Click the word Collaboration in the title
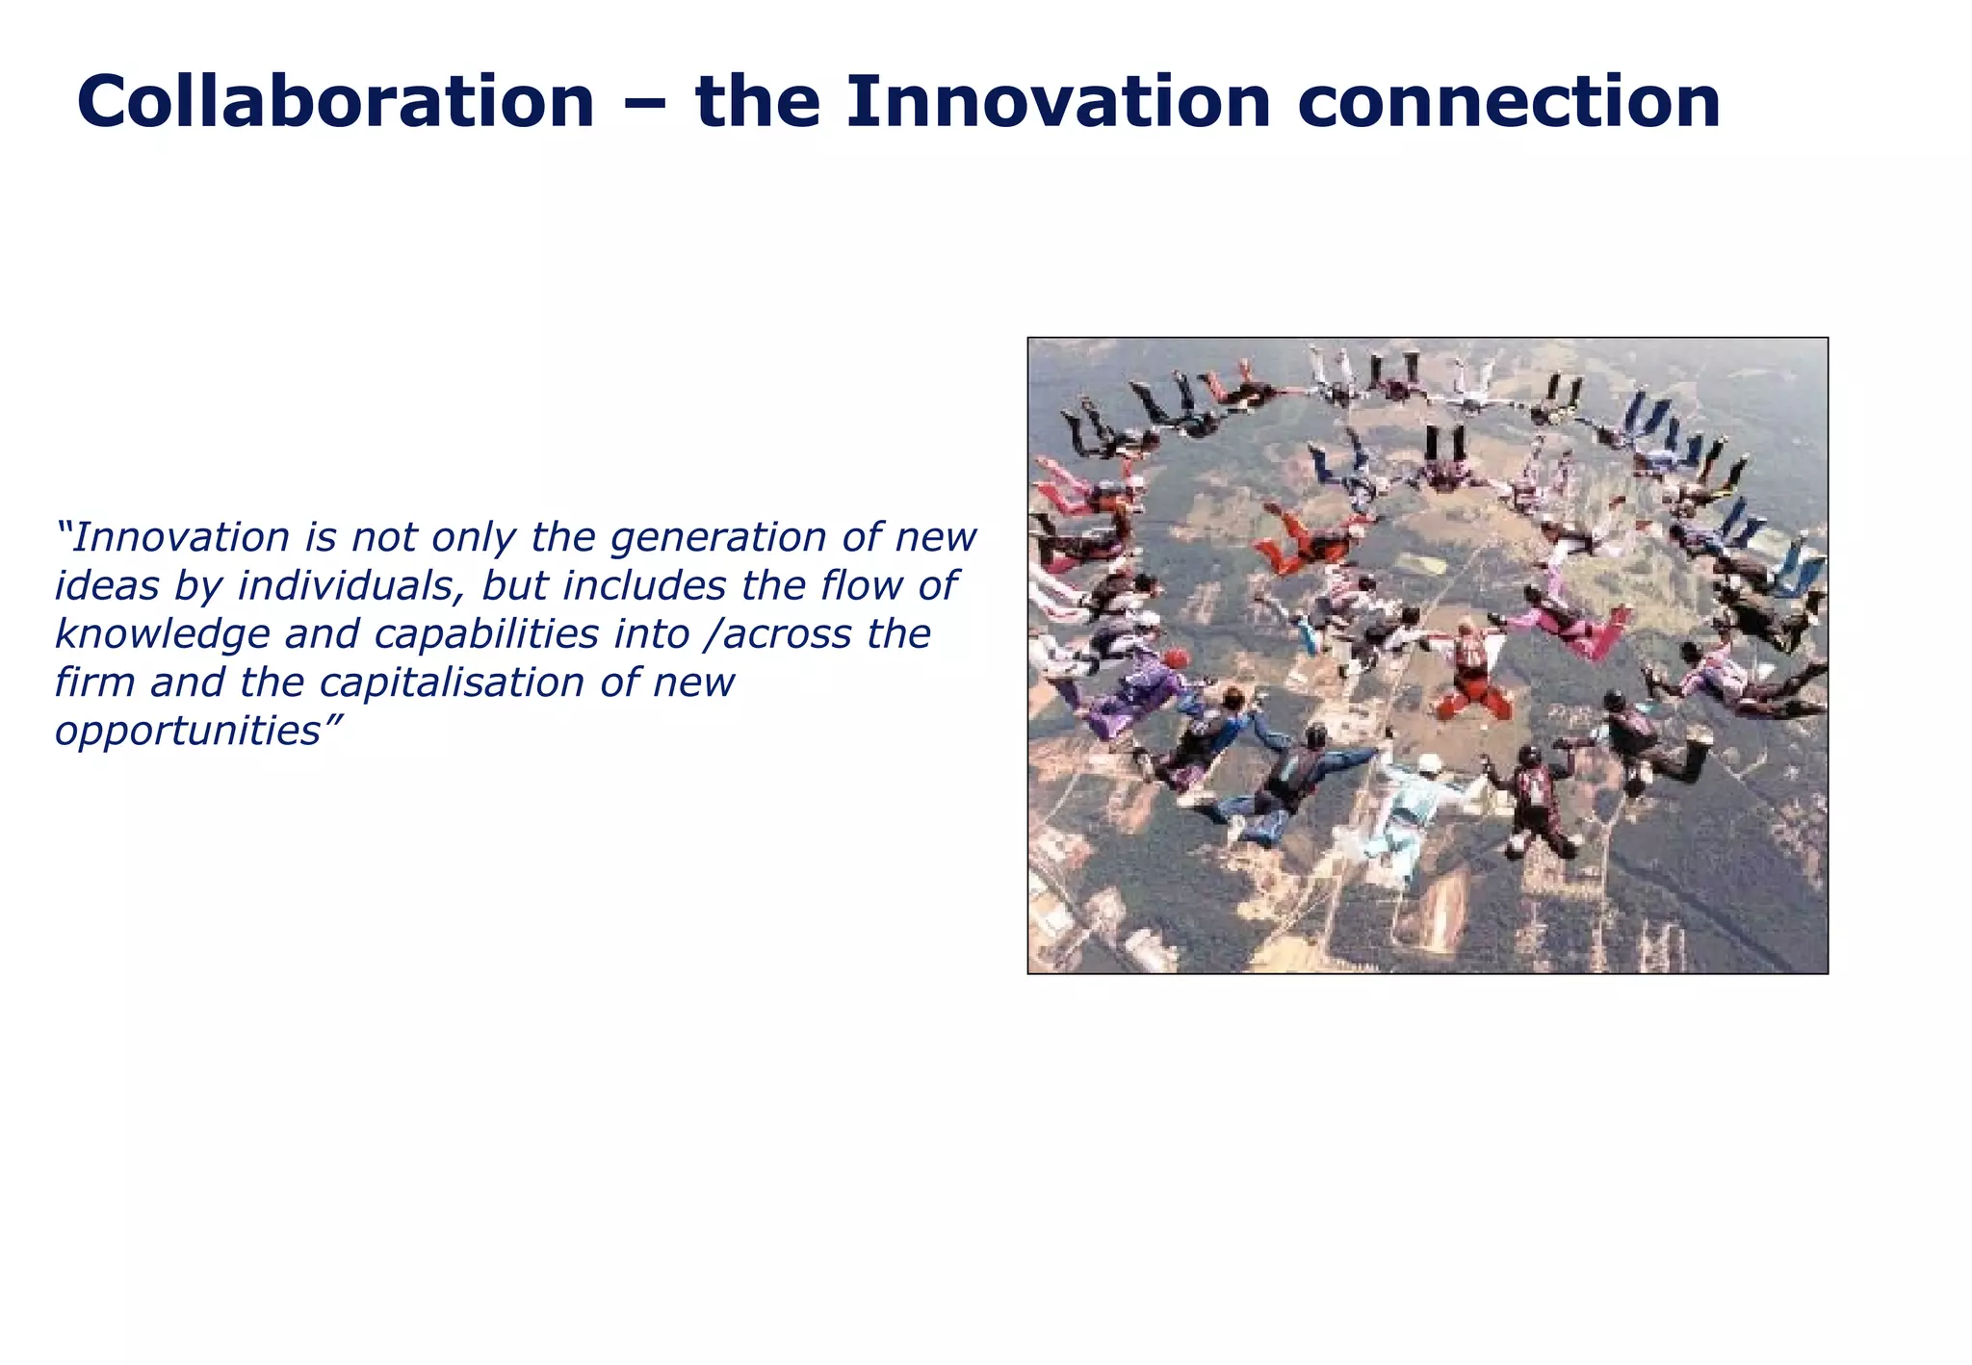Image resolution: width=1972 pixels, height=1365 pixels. click(x=335, y=102)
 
